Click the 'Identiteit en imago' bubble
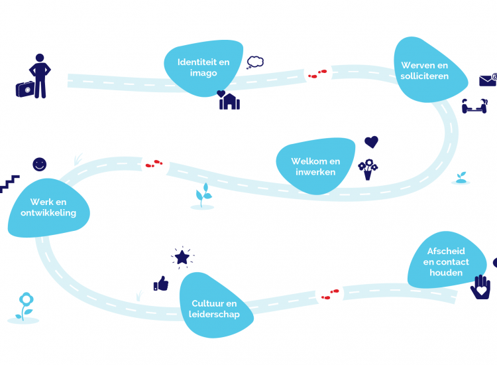click(203, 68)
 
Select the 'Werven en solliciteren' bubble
click(425, 70)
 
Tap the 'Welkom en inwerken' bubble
click(315, 167)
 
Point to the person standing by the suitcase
click(40, 75)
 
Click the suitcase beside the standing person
click(25, 89)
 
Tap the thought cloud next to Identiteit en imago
click(255, 62)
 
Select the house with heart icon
click(229, 100)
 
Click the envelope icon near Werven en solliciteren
click(488, 80)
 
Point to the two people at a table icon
click(474, 105)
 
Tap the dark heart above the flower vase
click(371, 142)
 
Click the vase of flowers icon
click(367, 169)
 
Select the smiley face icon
click(40, 164)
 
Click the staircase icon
click(10, 184)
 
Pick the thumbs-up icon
click(161, 284)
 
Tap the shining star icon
click(182, 257)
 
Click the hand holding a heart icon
click(480, 287)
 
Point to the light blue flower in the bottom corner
click(25, 306)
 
